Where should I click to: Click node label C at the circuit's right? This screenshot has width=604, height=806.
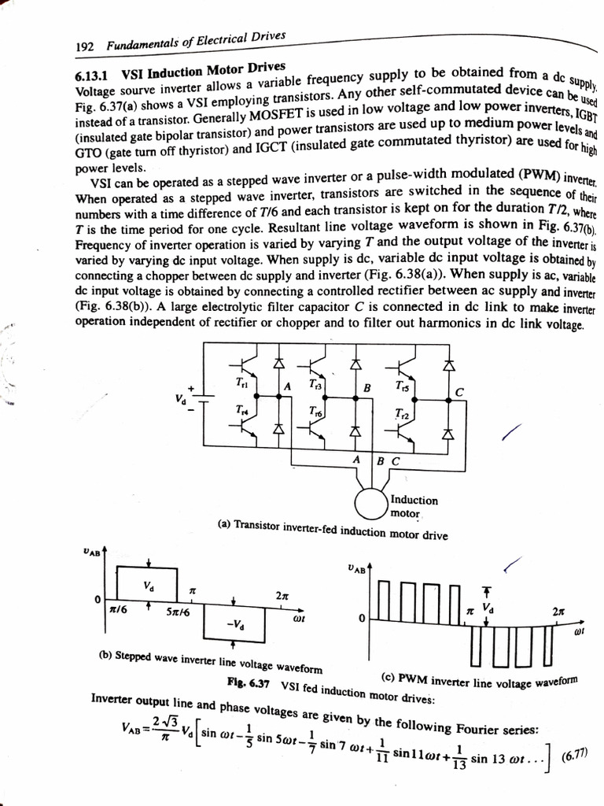460,392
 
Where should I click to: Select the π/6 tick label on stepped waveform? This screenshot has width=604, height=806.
117,610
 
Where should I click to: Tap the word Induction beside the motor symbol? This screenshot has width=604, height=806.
414,501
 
